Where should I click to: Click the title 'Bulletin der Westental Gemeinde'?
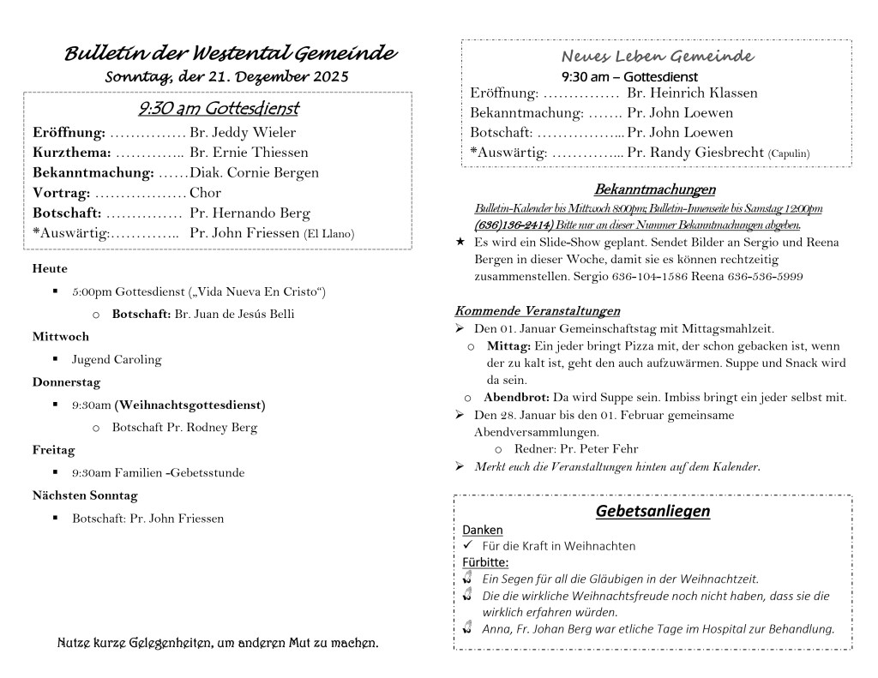(230, 54)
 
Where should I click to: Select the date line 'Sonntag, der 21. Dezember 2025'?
(226, 77)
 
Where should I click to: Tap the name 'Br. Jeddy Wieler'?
(243, 133)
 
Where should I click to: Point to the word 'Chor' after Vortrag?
(205, 193)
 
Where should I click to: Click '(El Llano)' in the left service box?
(329, 234)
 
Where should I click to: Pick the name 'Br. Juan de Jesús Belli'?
(234, 314)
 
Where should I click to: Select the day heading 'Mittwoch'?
(61, 337)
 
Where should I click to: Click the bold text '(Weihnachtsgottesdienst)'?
(190, 405)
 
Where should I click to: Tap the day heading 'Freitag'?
(53, 450)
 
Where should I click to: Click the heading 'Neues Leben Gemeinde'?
(658, 57)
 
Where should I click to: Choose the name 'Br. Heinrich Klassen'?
(692, 93)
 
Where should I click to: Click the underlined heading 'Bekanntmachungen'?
(655, 189)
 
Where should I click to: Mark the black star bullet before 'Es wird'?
(460, 243)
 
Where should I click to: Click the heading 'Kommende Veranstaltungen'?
(537, 310)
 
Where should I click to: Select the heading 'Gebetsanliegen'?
(652, 512)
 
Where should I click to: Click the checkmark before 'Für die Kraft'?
(467, 545)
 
